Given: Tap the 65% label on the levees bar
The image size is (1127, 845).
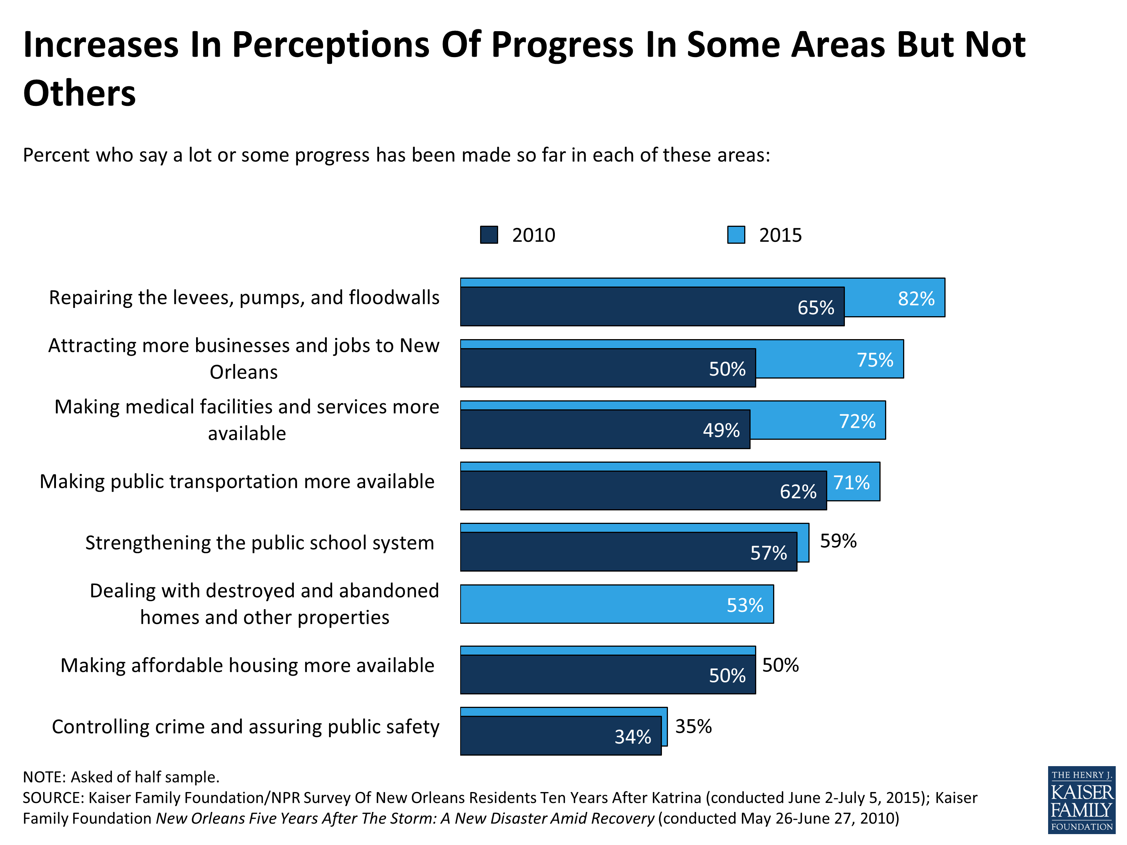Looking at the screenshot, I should (x=815, y=308).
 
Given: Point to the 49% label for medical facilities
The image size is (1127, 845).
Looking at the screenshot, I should (x=721, y=430).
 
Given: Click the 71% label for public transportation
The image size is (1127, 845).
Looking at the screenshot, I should (x=851, y=482).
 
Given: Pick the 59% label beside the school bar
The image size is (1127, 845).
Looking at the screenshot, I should (x=838, y=541).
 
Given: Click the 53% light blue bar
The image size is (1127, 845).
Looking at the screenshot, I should (x=616, y=604).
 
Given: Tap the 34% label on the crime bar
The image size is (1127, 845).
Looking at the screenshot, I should (x=632, y=737).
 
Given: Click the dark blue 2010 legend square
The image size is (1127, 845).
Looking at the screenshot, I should (x=489, y=235).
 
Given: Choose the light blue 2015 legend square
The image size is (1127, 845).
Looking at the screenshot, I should (x=736, y=235).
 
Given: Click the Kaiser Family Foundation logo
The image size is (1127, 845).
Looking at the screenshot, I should (x=1081, y=800).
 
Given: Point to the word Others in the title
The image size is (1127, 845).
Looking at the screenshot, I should (x=80, y=94).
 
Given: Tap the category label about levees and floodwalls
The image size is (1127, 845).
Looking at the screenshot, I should (x=244, y=297).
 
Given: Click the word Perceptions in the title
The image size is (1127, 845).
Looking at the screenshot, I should (x=331, y=45).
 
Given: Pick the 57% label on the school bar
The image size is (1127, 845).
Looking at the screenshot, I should (x=768, y=553).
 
